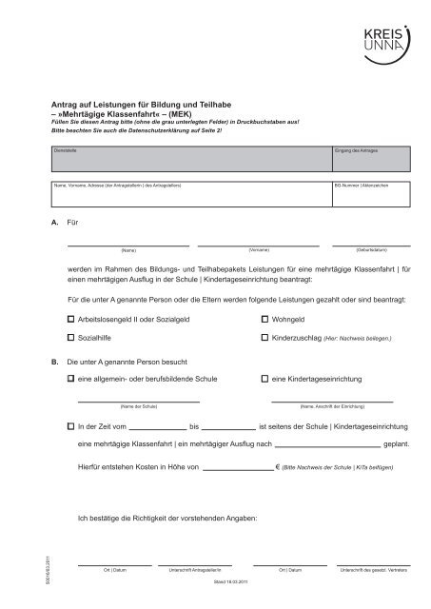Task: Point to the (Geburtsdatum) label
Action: tap(368, 248)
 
